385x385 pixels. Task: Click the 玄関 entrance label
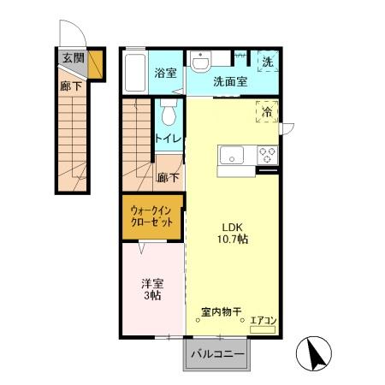pos(73,58)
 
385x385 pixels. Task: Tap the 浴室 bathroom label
pos(165,74)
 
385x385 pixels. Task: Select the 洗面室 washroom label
pos(229,83)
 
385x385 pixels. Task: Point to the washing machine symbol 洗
pos(268,61)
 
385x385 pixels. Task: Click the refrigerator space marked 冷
pos(267,113)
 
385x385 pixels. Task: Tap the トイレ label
pos(167,137)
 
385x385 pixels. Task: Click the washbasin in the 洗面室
pos(200,62)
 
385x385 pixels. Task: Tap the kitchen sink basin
pos(232,156)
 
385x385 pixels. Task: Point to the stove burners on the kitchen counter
pos(268,156)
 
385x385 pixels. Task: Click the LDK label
pos(234,227)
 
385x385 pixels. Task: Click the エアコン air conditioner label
pos(262,321)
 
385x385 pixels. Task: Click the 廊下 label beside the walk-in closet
pos(169,178)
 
